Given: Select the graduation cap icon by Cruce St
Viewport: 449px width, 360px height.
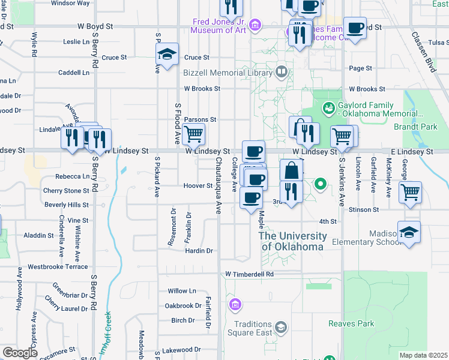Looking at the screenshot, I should [167, 55].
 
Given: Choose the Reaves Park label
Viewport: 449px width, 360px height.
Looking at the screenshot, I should [351, 323].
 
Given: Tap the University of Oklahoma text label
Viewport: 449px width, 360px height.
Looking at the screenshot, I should [293, 241].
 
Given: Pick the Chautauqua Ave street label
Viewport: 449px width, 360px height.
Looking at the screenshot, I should [219, 189].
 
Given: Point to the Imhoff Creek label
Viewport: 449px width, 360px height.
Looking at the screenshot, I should [107, 329].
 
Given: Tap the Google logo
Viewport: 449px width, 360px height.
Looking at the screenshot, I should [20, 352].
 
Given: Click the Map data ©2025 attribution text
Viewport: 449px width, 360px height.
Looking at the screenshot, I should [423, 355].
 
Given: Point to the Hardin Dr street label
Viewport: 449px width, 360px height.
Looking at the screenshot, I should [198, 251].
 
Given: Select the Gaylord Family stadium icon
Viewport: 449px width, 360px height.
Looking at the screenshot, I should [328, 109].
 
